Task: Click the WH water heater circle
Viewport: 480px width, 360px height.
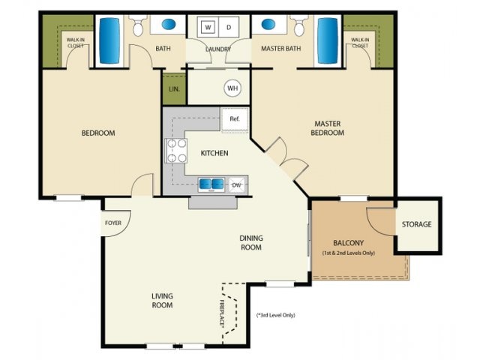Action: click(x=232, y=88)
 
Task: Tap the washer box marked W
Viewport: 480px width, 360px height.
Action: click(x=207, y=28)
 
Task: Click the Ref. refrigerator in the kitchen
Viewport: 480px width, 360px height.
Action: click(x=234, y=119)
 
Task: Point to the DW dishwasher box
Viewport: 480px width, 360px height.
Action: click(x=236, y=184)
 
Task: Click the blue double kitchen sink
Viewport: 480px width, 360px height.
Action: click(x=211, y=184)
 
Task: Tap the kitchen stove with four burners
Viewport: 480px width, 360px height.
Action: click(x=175, y=151)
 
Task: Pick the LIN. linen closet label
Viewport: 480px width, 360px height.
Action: click(x=173, y=88)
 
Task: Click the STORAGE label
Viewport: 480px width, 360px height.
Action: click(x=416, y=224)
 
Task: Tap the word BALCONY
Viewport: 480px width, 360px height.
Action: click(x=348, y=243)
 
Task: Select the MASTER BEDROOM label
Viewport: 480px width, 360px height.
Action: click(x=328, y=128)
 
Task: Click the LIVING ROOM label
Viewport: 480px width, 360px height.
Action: click(x=162, y=301)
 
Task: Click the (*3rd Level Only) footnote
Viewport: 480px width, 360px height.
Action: click(x=275, y=315)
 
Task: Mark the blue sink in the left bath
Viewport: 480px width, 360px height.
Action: click(x=165, y=24)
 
